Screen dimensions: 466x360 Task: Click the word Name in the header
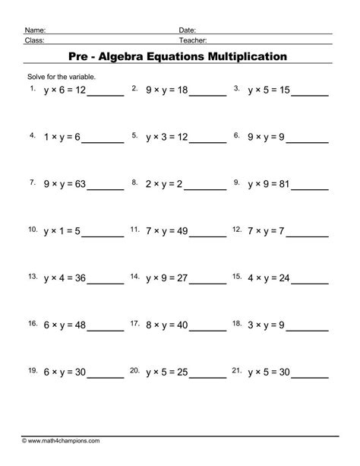[x=34, y=28]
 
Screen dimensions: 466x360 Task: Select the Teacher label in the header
[x=194, y=40]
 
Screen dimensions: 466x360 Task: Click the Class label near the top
[x=34, y=40]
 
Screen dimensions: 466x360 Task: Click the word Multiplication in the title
[x=241, y=55]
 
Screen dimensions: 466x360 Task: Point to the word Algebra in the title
[x=125, y=55]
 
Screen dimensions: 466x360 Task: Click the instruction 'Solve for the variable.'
[x=60, y=77]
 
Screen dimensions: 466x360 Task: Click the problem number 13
[x=32, y=276]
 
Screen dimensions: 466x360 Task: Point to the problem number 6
[x=237, y=135]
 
